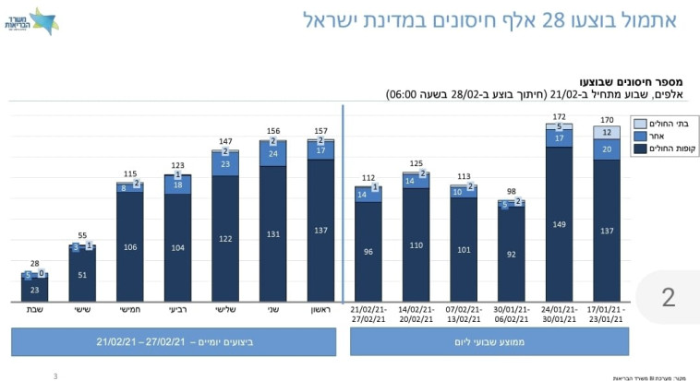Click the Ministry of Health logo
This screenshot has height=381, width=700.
point(42,20)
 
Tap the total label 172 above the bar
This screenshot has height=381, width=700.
point(560,117)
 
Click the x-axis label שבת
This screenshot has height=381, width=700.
point(34,311)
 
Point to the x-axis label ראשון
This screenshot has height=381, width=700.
point(320,311)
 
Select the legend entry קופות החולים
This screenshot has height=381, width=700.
point(659,149)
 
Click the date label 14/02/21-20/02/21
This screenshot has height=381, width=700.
point(416,316)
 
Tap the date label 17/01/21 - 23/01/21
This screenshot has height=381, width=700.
point(607,316)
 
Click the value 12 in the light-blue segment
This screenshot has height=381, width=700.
point(607,133)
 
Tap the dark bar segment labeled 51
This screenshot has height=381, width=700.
point(82,275)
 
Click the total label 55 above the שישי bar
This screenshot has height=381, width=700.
point(82,236)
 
